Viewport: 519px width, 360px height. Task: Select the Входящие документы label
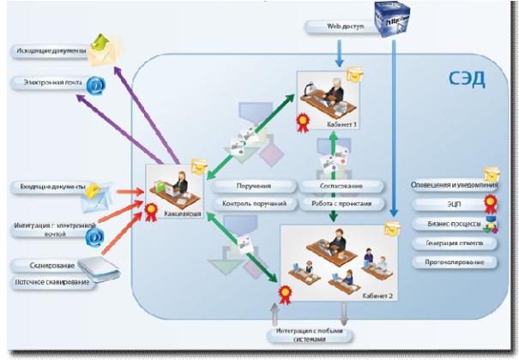[48, 186]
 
